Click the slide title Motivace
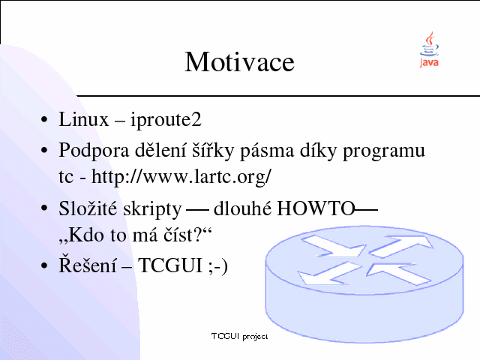pyautogui.click(x=239, y=61)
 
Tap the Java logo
pyautogui.click(x=429, y=49)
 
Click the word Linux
pyautogui.click(x=83, y=119)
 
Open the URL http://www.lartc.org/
pyautogui.click(x=181, y=178)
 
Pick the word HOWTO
pyautogui.click(x=316, y=208)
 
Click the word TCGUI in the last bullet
pyautogui.click(x=170, y=265)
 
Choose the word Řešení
pyautogui.click(x=88, y=264)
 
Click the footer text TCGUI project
pyautogui.click(x=239, y=337)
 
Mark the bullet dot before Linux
pyautogui.click(x=44, y=119)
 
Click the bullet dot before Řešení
pyautogui.click(x=44, y=265)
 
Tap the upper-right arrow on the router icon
pyautogui.click(x=401, y=245)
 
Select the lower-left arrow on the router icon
pyautogui.click(x=329, y=273)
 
